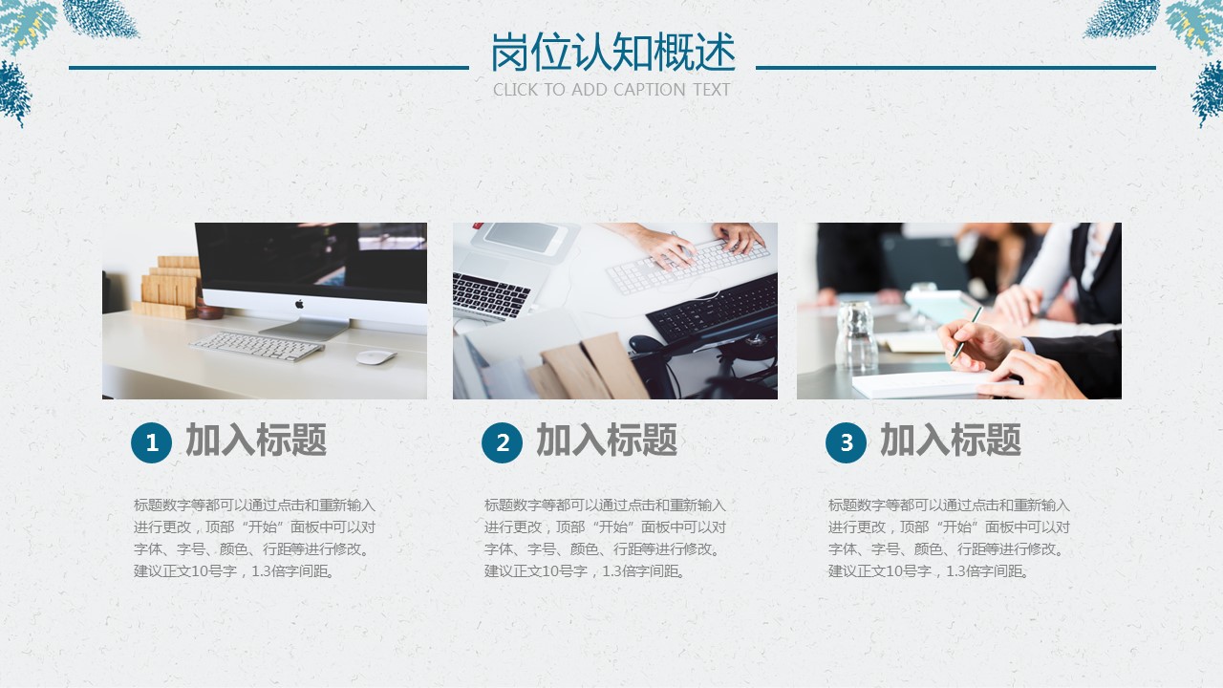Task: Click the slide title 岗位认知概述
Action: click(612, 53)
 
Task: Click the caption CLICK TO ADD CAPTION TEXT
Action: click(611, 90)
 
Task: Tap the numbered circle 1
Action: click(151, 442)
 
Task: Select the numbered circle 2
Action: click(502, 442)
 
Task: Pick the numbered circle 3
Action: click(846, 442)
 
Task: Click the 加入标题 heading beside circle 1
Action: click(256, 440)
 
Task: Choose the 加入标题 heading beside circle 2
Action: click(607, 440)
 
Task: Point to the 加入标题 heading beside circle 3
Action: click(951, 440)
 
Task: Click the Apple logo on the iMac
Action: click(299, 304)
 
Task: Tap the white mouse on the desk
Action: click(376, 357)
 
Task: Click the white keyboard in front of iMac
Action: click(257, 347)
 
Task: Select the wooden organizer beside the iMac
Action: click(166, 288)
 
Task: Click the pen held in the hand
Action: click(966, 333)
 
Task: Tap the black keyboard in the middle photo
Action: click(713, 308)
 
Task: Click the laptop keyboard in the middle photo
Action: click(490, 296)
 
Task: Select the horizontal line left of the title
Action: click(268, 68)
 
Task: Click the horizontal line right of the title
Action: click(955, 68)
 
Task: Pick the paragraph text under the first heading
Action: click(254, 538)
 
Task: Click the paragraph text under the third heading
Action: click(949, 538)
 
